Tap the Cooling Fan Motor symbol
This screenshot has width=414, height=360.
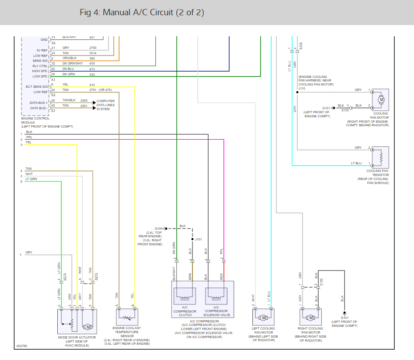380,99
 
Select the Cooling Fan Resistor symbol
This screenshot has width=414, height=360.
380,158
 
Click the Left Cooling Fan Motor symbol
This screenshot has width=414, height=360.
263,317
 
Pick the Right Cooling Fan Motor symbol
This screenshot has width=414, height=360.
311,317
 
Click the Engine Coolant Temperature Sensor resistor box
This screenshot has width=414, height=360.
127,317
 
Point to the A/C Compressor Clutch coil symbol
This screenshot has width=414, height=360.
185,296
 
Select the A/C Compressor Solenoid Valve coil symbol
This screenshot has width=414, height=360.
216,296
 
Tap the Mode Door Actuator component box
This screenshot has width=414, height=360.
77,321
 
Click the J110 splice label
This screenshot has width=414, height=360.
302,89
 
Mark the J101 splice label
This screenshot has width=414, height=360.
199,239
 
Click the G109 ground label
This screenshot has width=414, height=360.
159,228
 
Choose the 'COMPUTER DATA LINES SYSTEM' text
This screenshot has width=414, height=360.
105,105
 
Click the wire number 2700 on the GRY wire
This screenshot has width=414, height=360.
93,48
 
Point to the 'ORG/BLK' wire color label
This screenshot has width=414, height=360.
69,58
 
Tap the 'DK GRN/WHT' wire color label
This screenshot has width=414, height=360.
73,64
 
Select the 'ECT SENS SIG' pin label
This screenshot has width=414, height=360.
37,86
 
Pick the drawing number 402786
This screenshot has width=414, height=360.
21,346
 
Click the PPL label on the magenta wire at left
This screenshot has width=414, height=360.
29,137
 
